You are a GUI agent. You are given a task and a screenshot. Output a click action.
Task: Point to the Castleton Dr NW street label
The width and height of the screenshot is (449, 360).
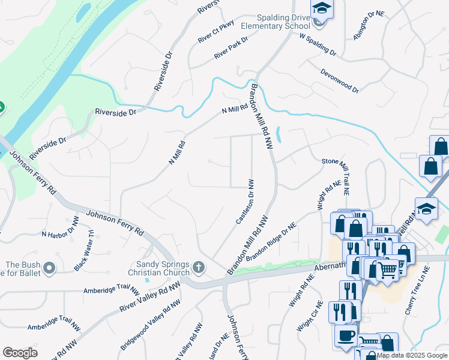click(x=245, y=202)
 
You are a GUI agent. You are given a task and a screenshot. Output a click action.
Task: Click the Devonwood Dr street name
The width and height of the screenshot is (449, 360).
click(x=339, y=80)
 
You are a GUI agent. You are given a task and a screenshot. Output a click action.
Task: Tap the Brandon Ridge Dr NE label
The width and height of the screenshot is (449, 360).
click(x=271, y=242)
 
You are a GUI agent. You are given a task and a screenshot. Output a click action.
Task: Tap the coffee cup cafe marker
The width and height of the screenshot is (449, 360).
click(x=345, y=336)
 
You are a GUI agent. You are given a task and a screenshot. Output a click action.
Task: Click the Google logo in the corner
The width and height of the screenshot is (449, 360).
click(x=20, y=353)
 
